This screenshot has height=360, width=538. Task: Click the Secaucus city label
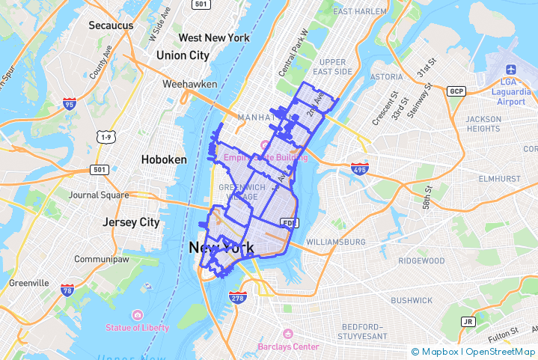coord(111,25)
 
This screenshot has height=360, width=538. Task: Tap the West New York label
coord(214,37)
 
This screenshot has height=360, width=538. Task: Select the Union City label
coord(183,55)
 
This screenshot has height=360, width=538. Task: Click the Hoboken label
coord(164,159)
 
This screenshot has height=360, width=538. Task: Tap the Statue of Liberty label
coord(137,328)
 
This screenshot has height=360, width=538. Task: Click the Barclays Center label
coord(288,347)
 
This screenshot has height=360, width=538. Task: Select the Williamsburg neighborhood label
coord(336,242)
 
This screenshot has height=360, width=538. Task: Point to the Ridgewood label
coord(421,260)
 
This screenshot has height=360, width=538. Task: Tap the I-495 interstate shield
coord(360,168)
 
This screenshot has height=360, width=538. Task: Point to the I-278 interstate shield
coord(238,299)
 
